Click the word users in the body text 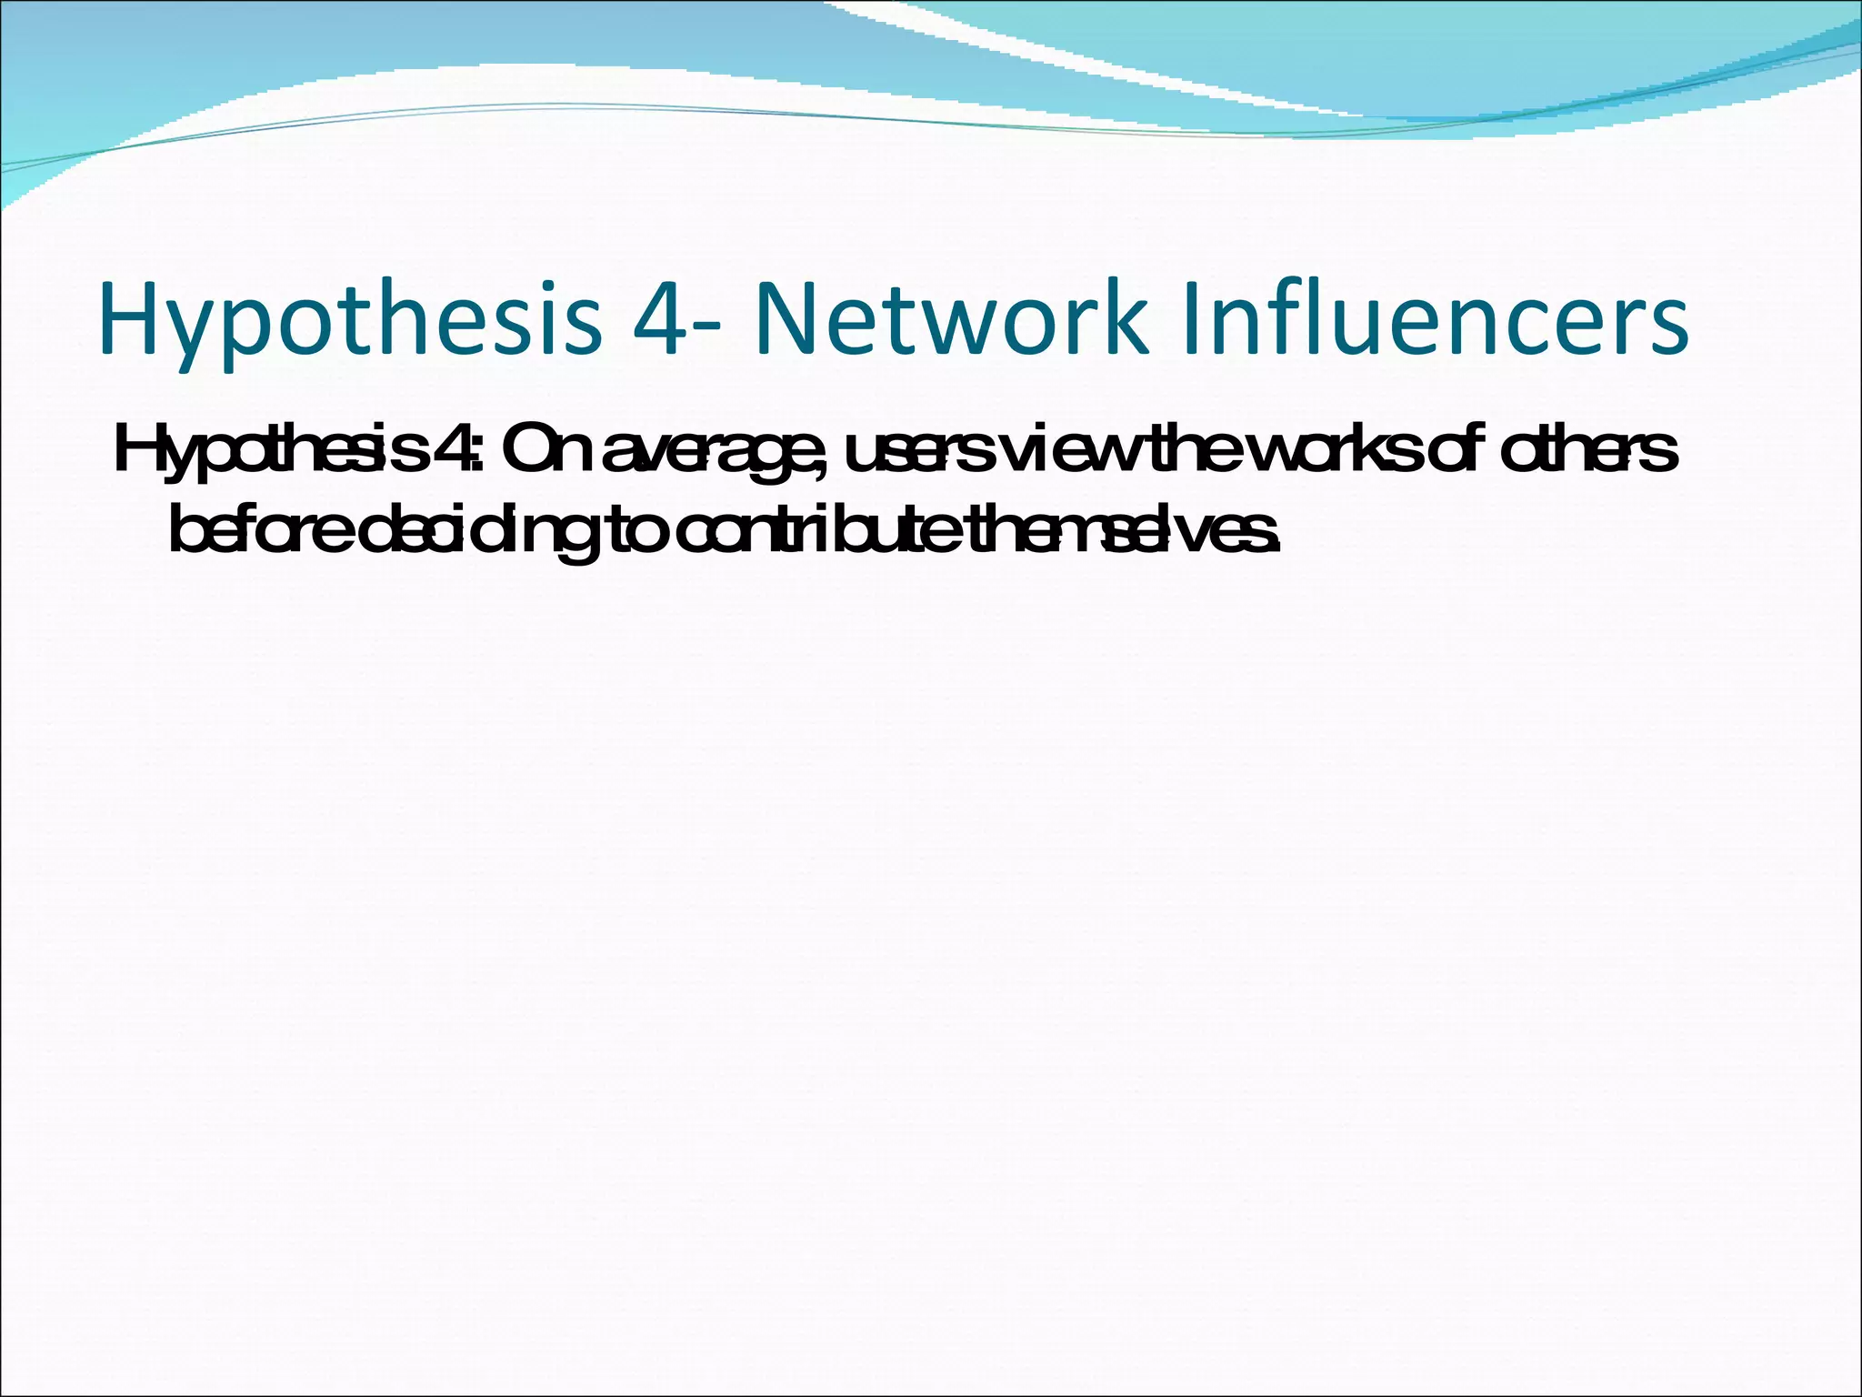(x=918, y=452)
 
